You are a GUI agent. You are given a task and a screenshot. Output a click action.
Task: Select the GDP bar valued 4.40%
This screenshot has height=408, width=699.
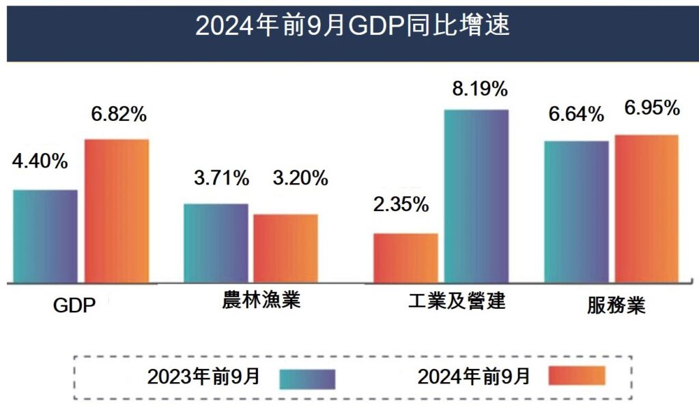click(x=45, y=236)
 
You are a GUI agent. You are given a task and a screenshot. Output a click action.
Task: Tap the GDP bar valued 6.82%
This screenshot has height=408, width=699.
click(x=117, y=210)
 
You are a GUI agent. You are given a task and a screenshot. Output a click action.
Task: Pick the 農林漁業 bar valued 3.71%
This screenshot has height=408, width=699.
click(x=216, y=243)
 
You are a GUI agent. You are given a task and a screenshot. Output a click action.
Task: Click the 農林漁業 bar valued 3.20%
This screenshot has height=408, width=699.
click(x=285, y=248)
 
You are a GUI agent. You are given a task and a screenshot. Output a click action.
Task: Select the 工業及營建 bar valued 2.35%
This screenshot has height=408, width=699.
click(x=406, y=258)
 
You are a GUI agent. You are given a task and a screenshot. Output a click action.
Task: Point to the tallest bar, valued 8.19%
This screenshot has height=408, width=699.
click(x=476, y=195)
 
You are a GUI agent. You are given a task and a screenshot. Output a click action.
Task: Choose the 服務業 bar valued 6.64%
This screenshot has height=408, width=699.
click(x=576, y=211)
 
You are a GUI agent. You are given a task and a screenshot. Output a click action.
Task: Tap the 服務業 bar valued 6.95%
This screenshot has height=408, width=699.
click(x=646, y=208)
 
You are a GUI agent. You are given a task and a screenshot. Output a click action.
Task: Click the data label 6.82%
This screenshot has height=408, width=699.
click(x=119, y=115)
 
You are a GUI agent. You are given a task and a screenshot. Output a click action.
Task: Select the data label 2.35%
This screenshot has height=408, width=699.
click(x=401, y=204)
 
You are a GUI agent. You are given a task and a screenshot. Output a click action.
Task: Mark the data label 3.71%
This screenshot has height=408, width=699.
click(x=221, y=179)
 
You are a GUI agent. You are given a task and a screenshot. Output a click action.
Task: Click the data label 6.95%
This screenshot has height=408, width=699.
click(x=652, y=108)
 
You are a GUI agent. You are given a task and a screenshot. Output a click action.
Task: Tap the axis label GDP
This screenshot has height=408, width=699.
click(x=74, y=305)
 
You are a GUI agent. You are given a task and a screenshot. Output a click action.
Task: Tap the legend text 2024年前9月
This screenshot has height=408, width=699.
click(x=474, y=376)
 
